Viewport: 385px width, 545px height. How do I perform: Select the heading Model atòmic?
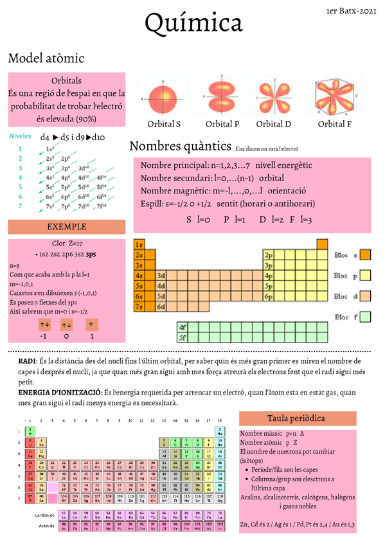pyautogui.click(x=46, y=58)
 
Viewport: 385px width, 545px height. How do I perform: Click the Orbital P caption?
pyautogui.click(x=222, y=124)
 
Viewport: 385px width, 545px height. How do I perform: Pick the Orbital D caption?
pyautogui.click(x=274, y=124)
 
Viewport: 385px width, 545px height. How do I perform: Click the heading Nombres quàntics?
pyautogui.click(x=180, y=145)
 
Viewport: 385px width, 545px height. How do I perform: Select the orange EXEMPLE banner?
pyautogui.click(x=67, y=227)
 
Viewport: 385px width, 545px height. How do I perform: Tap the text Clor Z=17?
pyautogui.click(x=67, y=244)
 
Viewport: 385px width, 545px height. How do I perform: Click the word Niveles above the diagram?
pyautogui.click(x=19, y=136)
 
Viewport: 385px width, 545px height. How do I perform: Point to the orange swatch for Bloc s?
pyautogui.click(x=366, y=255)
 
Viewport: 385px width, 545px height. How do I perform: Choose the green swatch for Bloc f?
pyautogui.click(x=366, y=317)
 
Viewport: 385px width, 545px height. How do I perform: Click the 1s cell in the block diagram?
pyautogui.click(x=139, y=244)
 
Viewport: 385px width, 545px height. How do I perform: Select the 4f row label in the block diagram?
pyautogui.click(x=183, y=326)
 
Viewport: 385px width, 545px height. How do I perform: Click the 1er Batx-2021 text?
pyautogui.click(x=352, y=11)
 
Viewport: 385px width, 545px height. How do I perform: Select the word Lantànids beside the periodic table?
pyautogui.click(x=46, y=515)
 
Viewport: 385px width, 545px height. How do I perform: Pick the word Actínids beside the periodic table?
pyautogui.click(x=46, y=525)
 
